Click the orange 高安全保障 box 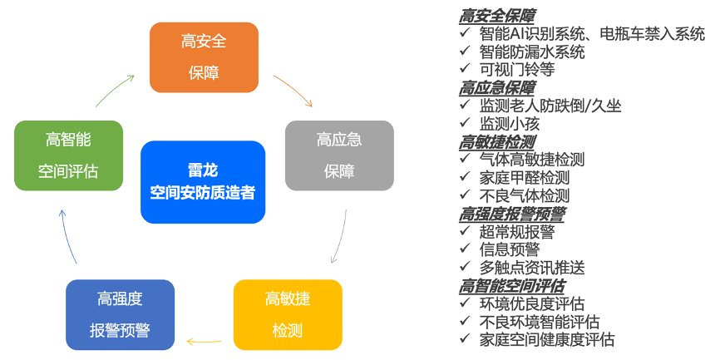204,57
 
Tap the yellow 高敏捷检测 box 288,314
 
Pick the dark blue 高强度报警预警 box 120,314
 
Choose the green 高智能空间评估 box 69,155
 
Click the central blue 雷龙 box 203,181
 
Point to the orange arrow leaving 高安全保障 293,90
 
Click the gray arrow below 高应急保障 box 341,236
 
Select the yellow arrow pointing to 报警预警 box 204,339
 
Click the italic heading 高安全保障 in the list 497,16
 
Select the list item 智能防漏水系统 532,52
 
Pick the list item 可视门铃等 517,70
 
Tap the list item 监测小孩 510,124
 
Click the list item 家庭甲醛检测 525,178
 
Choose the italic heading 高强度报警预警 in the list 512,214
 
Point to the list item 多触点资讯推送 532,267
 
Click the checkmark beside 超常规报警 466,231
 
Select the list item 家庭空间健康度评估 546,339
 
